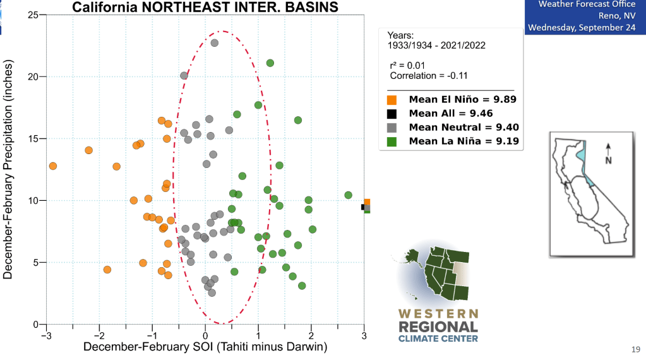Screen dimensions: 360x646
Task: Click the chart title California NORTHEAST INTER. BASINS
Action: pyautogui.click(x=205, y=8)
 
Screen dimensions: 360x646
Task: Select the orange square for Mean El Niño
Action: pyautogui.click(x=392, y=99)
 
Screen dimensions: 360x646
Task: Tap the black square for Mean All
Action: pyautogui.click(x=392, y=114)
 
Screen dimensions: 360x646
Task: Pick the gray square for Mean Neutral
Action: pyautogui.click(x=392, y=128)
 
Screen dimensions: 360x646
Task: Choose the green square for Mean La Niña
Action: pyautogui.click(x=392, y=141)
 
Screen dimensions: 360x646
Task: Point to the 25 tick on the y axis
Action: pyautogui.click(x=33, y=15)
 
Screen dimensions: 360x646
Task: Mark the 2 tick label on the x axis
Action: pyautogui.click(x=311, y=334)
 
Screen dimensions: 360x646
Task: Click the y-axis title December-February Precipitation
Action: pyautogui.click(x=9, y=169)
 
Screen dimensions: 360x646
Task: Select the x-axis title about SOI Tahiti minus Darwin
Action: pyautogui.click(x=206, y=347)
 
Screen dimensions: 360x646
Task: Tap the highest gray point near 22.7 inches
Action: pyautogui.click(x=215, y=43)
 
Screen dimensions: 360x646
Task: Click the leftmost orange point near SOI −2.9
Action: pyautogui.click(x=53, y=166)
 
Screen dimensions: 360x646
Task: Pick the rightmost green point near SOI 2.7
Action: pyautogui.click(x=348, y=195)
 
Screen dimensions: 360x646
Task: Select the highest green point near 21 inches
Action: pyautogui.click(x=270, y=63)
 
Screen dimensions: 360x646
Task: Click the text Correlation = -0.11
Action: pyautogui.click(x=428, y=76)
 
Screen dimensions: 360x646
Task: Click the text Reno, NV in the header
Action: pyautogui.click(x=617, y=15)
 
